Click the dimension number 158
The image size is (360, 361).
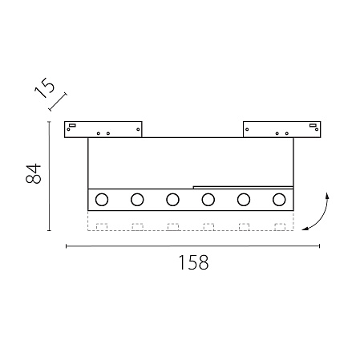pyautogui.click(x=192, y=262)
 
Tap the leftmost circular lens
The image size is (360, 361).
pyautogui.click(x=102, y=200)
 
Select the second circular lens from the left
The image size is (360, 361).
pyautogui.click(x=137, y=200)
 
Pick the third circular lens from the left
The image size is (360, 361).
pyautogui.click(x=172, y=200)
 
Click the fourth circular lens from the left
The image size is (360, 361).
pyautogui.click(x=208, y=200)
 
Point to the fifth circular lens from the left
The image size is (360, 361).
pyautogui.click(x=244, y=200)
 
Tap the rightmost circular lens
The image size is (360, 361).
pyautogui.click(x=279, y=200)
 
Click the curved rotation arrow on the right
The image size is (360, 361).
pyautogui.click(x=318, y=211)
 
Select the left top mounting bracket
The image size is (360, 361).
pyautogui.click(x=103, y=128)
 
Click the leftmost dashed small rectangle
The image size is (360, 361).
pyautogui.click(x=102, y=226)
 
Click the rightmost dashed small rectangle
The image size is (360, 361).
pyautogui.click(x=279, y=226)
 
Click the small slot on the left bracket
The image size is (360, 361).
pyautogui.click(x=72, y=125)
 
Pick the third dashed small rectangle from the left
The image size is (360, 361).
pyautogui.click(x=172, y=226)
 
